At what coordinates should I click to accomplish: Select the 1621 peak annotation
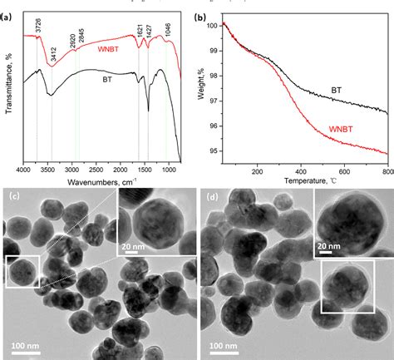[x=139, y=27]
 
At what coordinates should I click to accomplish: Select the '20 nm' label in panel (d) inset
[x=329, y=247]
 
